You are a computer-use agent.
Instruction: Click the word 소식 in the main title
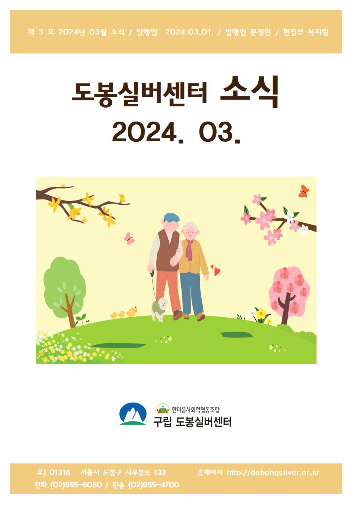(x=249, y=92)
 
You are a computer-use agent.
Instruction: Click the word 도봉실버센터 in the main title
(x=139, y=94)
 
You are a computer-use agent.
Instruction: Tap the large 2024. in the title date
(x=148, y=132)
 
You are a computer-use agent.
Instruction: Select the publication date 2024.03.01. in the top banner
(x=189, y=32)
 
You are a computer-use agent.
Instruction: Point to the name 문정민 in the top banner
(x=260, y=32)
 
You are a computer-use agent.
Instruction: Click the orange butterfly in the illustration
(x=304, y=191)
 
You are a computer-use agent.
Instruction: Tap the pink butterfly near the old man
(x=129, y=238)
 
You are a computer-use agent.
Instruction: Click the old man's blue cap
(x=172, y=217)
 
